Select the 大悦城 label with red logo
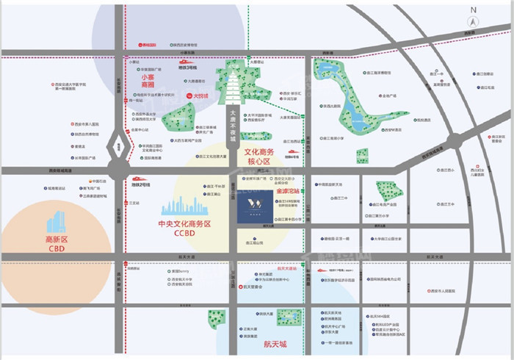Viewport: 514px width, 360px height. click(x=198, y=96)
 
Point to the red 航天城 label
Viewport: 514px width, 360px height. click(x=275, y=343)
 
